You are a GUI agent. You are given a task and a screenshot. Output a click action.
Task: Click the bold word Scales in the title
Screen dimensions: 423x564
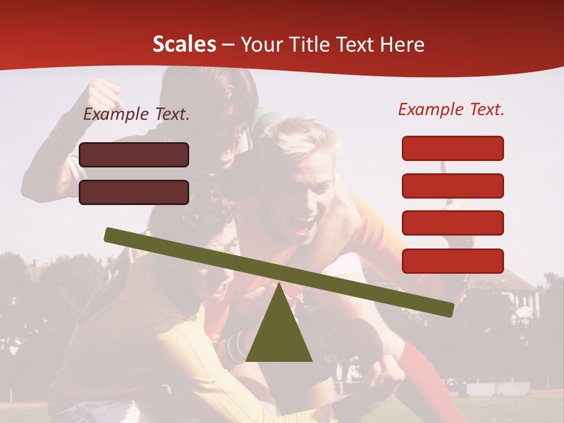184,45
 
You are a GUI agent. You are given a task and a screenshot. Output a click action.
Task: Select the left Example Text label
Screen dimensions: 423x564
136,115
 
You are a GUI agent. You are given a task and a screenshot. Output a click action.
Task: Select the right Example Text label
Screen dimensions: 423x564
451,109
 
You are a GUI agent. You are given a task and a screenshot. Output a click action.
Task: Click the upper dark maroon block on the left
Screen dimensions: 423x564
134,155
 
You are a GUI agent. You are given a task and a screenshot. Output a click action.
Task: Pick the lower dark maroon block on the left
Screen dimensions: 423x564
134,192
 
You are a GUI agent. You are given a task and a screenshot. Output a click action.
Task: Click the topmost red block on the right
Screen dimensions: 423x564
452,148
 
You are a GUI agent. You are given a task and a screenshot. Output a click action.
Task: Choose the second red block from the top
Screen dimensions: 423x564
452,186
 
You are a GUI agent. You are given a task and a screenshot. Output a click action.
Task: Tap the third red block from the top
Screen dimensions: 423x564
452,223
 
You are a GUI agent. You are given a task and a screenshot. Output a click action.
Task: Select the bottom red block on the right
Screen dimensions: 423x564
452,261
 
